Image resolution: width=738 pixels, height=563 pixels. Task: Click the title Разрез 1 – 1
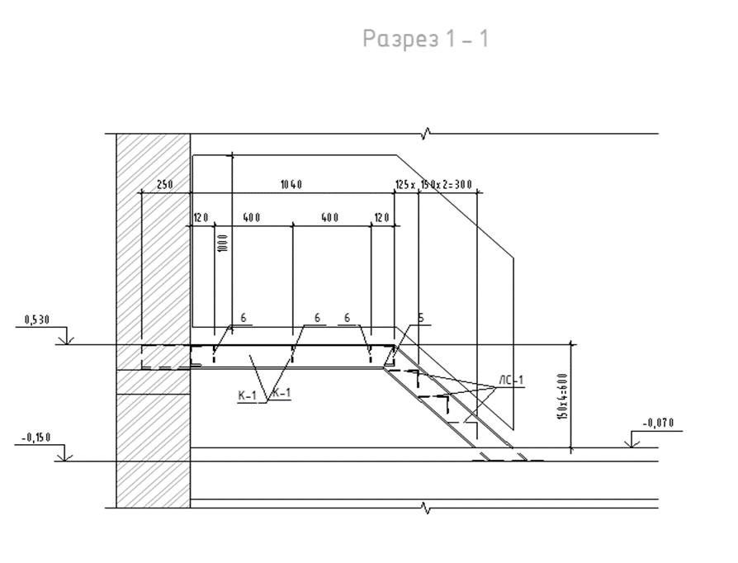425,39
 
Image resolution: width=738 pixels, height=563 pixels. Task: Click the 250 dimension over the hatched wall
165,185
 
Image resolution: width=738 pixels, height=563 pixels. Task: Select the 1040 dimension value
291,185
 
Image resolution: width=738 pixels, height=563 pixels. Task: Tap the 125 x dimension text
404,185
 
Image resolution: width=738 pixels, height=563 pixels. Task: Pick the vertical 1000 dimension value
223,243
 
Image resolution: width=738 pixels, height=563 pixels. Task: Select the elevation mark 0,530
36,320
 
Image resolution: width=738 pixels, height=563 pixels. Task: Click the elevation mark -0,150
36,438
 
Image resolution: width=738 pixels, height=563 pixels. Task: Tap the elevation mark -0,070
658,423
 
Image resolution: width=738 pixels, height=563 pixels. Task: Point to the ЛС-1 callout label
511,380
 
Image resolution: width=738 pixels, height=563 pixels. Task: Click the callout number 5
421,318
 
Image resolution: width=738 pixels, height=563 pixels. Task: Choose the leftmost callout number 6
244,318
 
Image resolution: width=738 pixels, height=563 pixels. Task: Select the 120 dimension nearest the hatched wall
201,217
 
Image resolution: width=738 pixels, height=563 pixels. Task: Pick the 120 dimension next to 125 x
381,217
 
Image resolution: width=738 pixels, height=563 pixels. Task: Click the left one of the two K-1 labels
247,395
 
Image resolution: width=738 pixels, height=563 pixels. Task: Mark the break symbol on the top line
427,134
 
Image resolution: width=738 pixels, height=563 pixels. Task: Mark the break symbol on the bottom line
427,508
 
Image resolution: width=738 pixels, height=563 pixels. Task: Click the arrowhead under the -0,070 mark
631,443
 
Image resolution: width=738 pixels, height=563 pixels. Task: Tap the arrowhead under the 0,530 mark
66,340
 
